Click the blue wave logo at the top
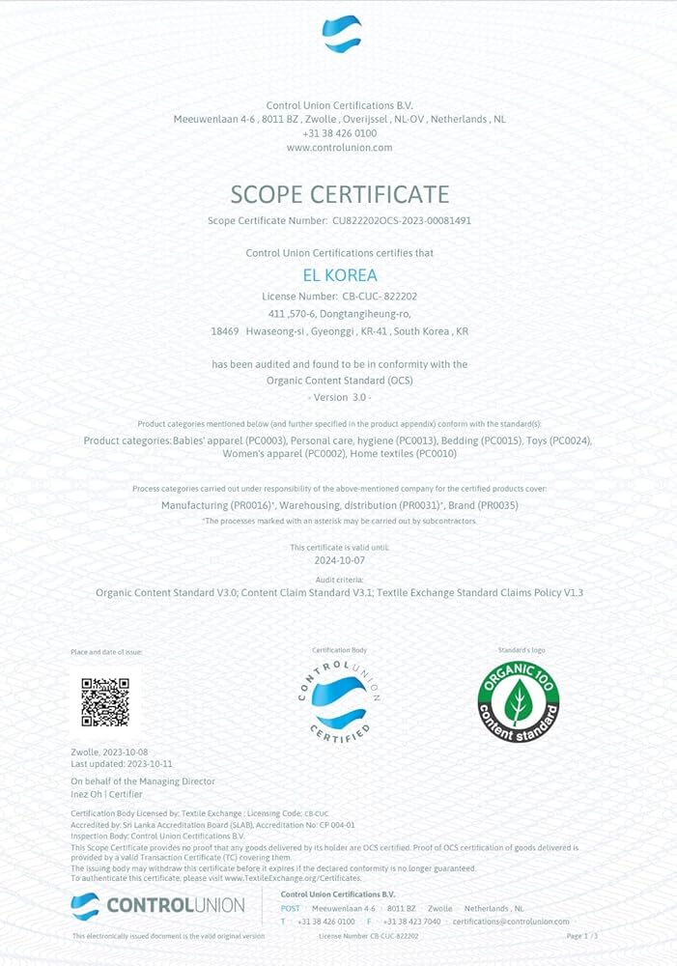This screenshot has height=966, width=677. point(341,34)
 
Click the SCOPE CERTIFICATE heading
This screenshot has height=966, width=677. point(339,193)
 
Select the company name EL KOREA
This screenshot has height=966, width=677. point(339,274)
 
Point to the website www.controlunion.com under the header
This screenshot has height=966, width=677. point(339,147)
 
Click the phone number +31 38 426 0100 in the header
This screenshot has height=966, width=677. point(339,132)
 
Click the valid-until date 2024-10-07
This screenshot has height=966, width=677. point(339,559)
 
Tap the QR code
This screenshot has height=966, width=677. point(105,702)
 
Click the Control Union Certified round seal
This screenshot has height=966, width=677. point(339,703)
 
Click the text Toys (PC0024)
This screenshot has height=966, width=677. point(557,440)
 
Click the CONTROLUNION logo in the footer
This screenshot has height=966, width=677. point(157,906)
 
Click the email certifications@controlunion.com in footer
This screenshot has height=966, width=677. point(510,922)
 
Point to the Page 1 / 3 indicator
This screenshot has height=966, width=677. point(582,936)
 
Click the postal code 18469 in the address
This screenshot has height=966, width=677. point(224,330)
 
